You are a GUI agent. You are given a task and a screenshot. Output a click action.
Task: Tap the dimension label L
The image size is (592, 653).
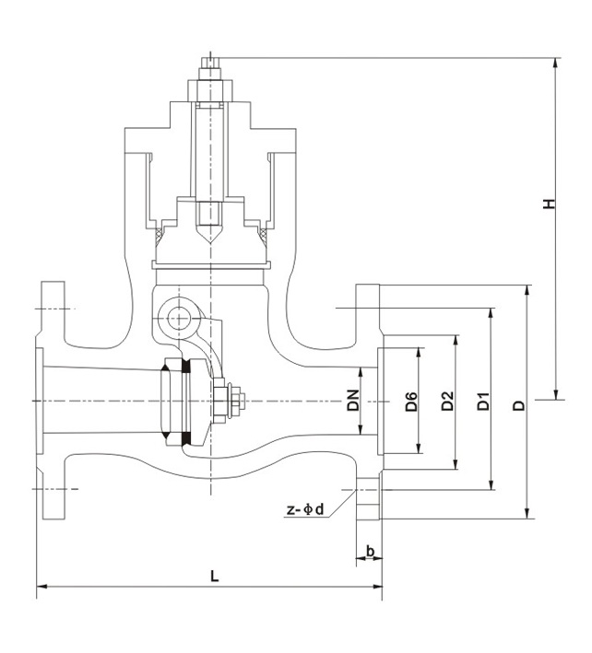click(x=214, y=577)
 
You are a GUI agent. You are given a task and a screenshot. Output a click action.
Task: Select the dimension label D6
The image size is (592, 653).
click(x=412, y=402)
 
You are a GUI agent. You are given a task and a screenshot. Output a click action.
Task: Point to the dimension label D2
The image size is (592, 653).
click(x=447, y=402)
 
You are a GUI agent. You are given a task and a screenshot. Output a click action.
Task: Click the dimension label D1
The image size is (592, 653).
click(x=482, y=402)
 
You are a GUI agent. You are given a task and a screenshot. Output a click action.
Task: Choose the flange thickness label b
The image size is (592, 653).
click(x=370, y=552)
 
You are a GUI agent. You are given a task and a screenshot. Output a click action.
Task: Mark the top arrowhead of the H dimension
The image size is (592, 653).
click(x=557, y=64)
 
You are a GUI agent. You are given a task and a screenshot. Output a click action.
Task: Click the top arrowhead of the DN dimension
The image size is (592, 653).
click(x=362, y=370)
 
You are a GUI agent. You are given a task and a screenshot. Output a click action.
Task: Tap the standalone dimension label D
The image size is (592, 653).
click(x=518, y=404)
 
